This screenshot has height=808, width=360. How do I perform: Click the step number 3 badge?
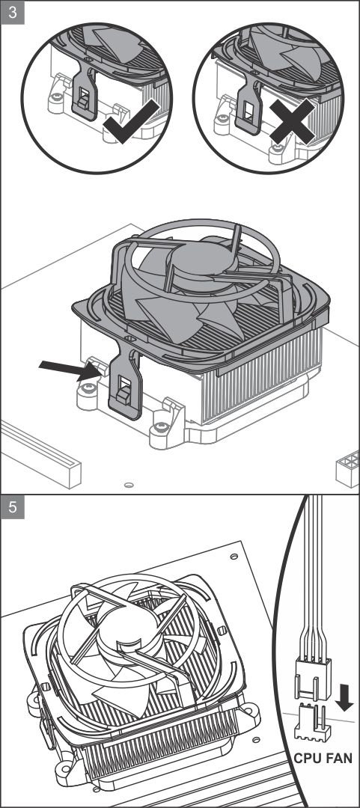(x=13, y=13)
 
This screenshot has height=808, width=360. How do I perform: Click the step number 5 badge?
(x=13, y=507)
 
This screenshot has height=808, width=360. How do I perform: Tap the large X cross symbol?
(x=291, y=122)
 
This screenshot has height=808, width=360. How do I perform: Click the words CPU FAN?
(x=323, y=759)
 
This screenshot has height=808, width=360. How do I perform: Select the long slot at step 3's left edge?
(x=41, y=453)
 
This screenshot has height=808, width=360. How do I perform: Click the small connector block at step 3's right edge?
(x=347, y=468)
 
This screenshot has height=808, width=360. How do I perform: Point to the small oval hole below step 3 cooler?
(x=129, y=484)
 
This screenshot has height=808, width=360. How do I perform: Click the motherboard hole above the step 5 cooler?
(x=234, y=557)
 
